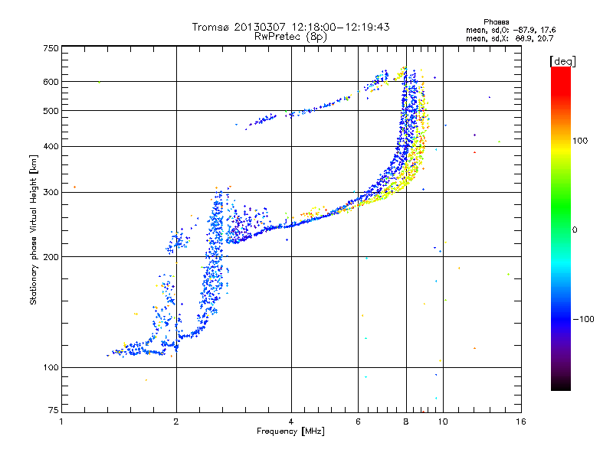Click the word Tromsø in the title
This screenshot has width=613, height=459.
tap(211, 27)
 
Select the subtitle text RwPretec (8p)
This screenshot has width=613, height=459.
tap(290, 37)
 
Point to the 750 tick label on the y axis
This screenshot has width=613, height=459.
tap(51, 48)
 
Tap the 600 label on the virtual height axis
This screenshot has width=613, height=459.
tap(51, 82)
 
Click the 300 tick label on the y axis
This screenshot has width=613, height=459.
tap(51, 192)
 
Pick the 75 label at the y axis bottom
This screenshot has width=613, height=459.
tap(54, 410)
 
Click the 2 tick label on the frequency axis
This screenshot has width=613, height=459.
tap(176, 422)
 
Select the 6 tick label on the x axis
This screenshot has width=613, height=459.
tap(358, 422)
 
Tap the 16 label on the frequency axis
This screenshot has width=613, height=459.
tap(521, 422)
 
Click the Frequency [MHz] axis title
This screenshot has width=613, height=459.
tap(290, 431)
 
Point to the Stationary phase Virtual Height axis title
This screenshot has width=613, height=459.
tap(33, 230)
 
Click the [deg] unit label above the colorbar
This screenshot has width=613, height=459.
tap(562, 61)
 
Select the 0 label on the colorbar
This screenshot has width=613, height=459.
tap(574, 230)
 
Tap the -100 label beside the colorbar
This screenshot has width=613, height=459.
tap(583, 319)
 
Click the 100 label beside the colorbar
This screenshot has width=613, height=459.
tap(580, 141)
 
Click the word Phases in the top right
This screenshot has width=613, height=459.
tap(496, 22)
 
